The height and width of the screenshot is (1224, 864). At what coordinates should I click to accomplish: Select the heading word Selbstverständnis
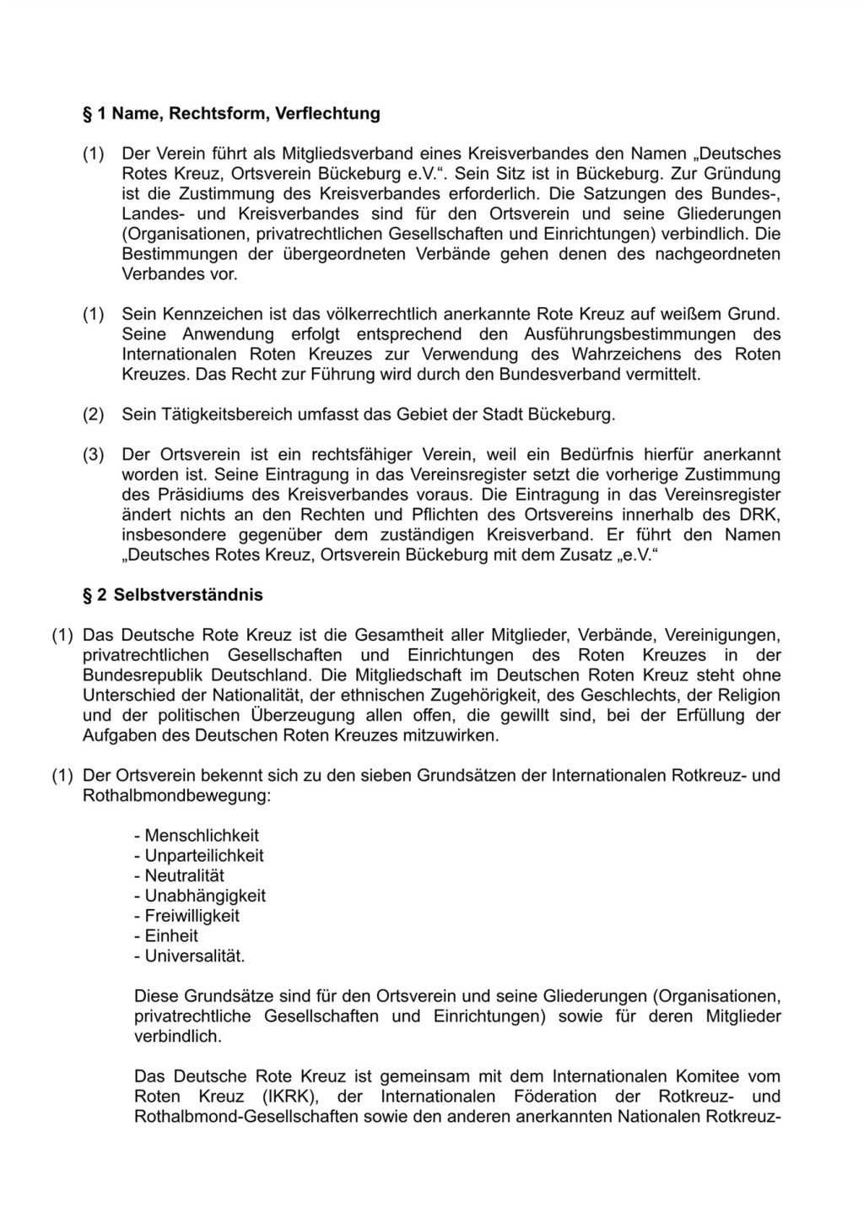[x=188, y=594]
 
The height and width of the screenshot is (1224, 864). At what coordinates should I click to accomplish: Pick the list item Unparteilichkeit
[x=204, y=855]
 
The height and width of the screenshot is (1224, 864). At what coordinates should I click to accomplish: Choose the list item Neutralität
[x=184, y=875]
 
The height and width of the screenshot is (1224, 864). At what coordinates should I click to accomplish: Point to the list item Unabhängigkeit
[x=205, y=896]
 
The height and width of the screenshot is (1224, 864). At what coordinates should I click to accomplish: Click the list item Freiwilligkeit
[x=192, y=915]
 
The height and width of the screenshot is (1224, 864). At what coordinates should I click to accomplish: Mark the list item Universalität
[x=195, y=956]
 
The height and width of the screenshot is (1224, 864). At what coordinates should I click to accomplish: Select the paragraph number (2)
[x=93, y=414]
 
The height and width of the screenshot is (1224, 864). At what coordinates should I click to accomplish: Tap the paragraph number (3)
[x=93, y=455]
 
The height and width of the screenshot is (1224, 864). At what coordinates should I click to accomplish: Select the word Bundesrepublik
[x=143, y=675]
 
